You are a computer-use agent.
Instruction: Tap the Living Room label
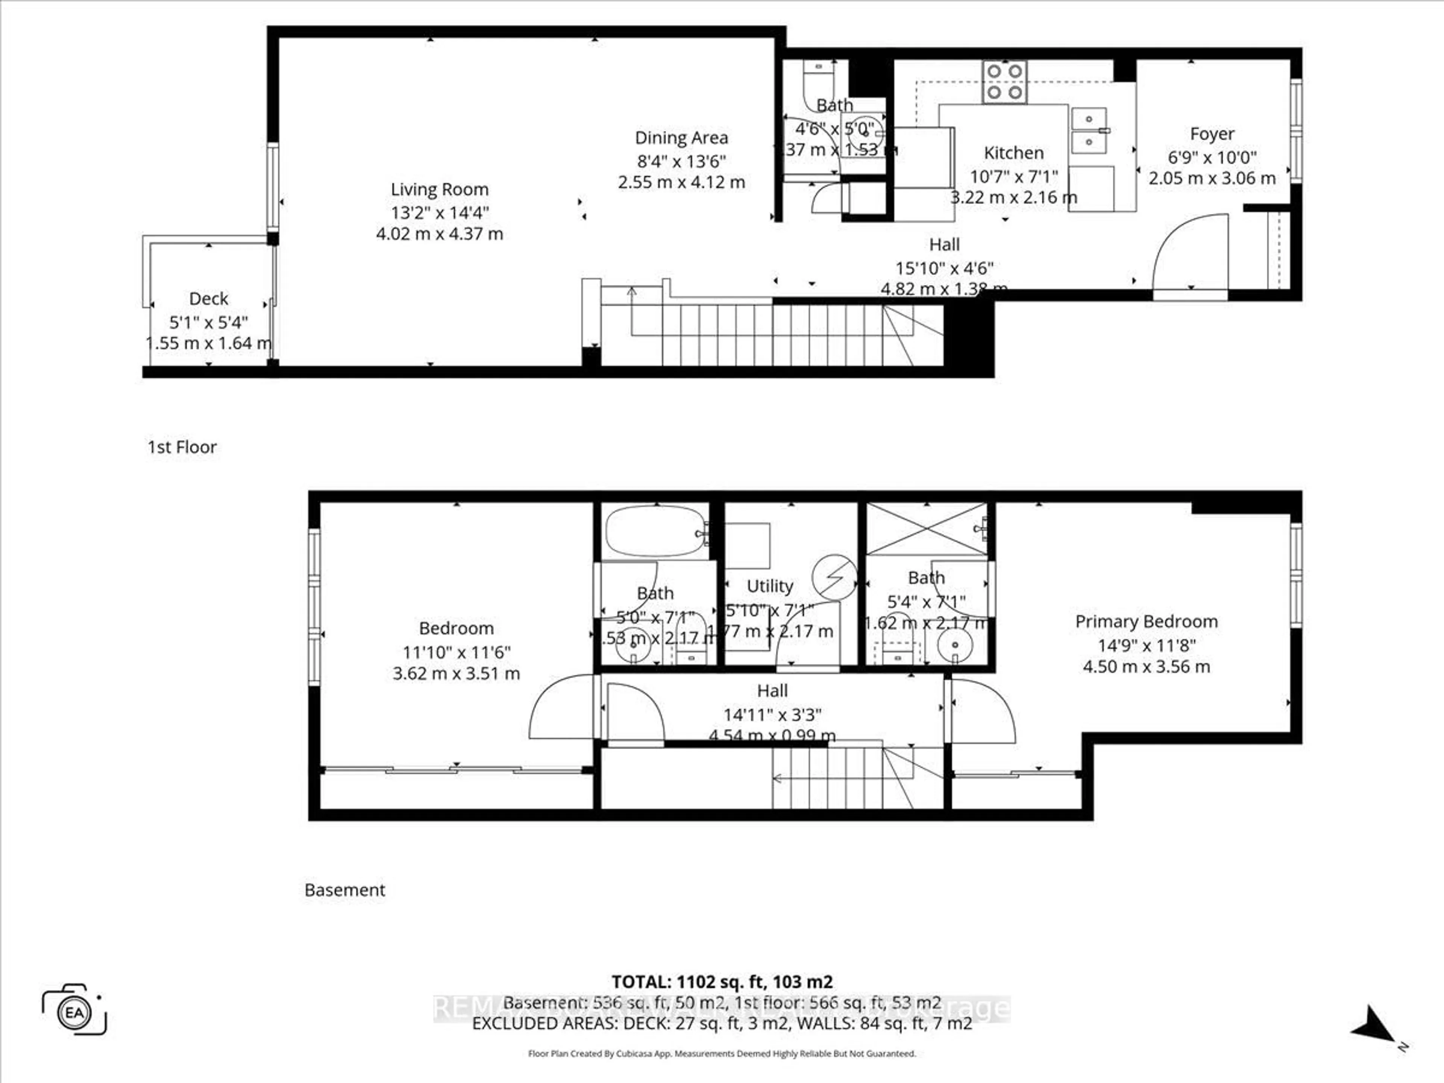point(439,189)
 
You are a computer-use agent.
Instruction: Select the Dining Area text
point(681,138)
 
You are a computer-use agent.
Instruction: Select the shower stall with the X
point(926,529)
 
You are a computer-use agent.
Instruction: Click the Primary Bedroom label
point(1146,622)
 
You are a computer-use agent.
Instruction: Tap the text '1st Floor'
point(182,447)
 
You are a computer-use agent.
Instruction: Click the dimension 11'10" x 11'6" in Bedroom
point(456,652)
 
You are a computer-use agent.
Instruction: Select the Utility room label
point(770,586)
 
